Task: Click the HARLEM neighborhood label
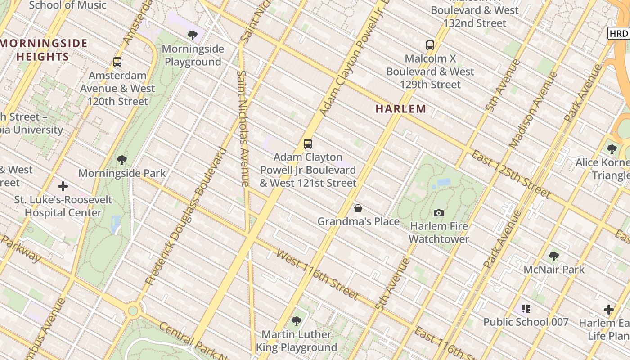(401, 108)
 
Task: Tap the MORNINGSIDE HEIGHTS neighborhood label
(44, 50)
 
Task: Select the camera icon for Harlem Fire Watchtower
(439, 213)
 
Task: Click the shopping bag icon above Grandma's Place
(358, 208)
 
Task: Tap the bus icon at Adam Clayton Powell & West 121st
(308, 144)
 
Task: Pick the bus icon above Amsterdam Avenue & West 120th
(117, 62)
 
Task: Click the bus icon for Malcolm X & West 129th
(430, 45)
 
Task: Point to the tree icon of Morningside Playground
(193, 35)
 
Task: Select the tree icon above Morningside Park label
(122, 160)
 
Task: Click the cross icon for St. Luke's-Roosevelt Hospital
(63, 186)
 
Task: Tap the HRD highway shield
(619, 33)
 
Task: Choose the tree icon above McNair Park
(554, 256)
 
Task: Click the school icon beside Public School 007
(526, 309)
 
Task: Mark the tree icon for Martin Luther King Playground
(297, 321)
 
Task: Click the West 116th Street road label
(317, 274)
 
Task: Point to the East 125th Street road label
(510, 175)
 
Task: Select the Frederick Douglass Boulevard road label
(185, 216)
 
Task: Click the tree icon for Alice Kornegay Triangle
(612, 149)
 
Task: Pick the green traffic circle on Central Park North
(133, 310)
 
